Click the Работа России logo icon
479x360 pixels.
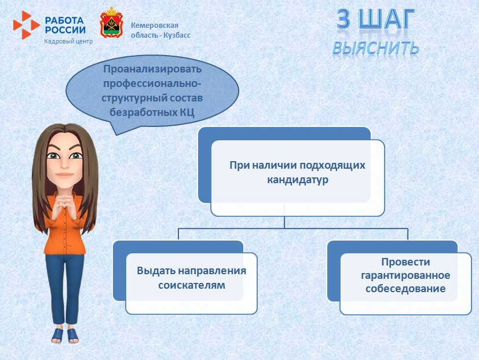[x=26, y=24]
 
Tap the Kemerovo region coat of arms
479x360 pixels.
[x=111, y=23]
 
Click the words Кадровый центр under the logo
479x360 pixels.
[x=68, y=41]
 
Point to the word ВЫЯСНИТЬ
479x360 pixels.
[x=375, y=48]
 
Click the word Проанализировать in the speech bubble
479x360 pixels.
[x=152, y=69]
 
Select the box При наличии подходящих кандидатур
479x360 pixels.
[x=297, y=172]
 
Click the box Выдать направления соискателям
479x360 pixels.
[x=191, y=279]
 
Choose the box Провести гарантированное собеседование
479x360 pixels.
[x=405, y=275]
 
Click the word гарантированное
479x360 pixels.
[x=405, y=275]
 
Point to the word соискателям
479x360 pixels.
[x=191, y=285]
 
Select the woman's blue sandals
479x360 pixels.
[x=64, y=335]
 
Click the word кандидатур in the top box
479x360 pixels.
[x=297, y=180]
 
